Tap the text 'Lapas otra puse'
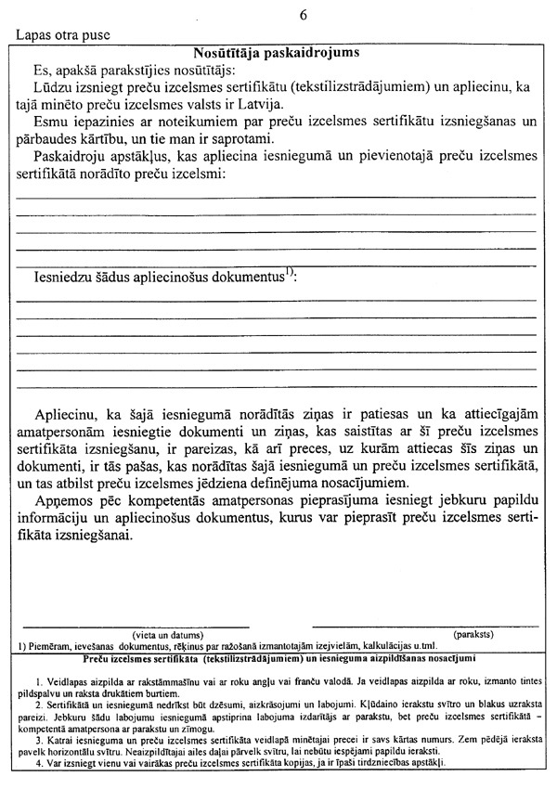click(63, 35)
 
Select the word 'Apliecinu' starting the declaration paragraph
click(67, 413)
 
